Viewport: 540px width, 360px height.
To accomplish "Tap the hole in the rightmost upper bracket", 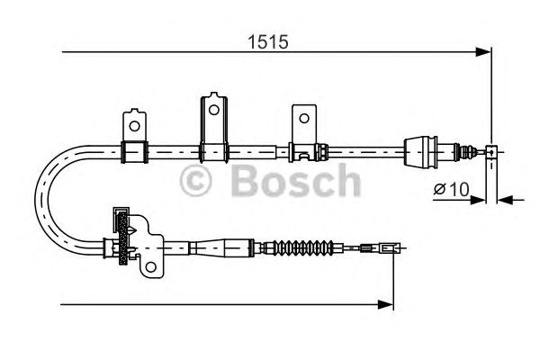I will [x=303, y=119].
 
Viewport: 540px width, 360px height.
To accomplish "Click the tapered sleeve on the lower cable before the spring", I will [x=216, y=245].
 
